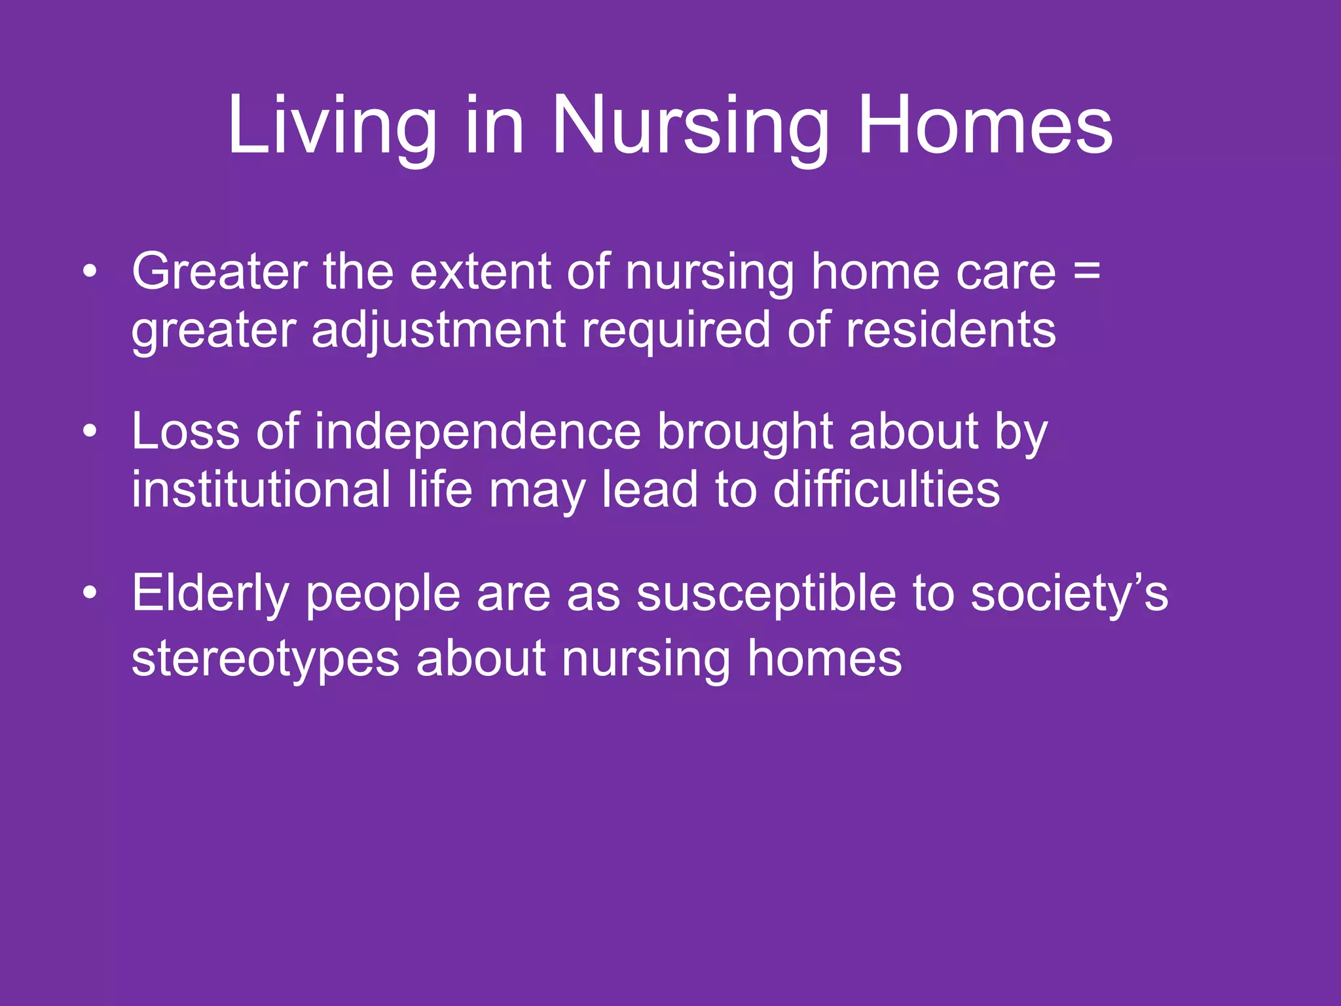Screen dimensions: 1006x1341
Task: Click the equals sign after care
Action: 1087,271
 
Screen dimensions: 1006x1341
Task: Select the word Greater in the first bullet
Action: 219,271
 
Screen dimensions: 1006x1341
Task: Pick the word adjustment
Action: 438,330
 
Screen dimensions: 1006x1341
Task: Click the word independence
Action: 477,432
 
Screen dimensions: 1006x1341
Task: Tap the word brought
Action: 744,432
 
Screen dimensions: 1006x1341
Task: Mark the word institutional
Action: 261,489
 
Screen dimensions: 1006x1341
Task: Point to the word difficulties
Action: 886,489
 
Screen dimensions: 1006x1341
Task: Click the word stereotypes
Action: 265,659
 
